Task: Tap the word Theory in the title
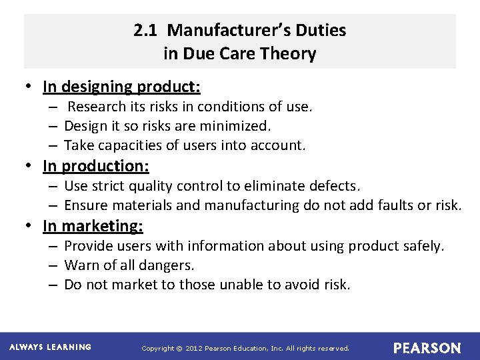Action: pos(288,54)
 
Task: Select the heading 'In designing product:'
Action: pos(121,87)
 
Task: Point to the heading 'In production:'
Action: pos(95,165)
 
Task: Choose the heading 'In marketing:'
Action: pos(93,226)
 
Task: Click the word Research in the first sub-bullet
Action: pos(97,107)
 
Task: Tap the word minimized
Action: pos(239,126)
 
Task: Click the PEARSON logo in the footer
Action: pos(427,348)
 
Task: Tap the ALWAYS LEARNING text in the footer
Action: pos(51,347)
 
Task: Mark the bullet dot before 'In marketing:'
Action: pos(31,226)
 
